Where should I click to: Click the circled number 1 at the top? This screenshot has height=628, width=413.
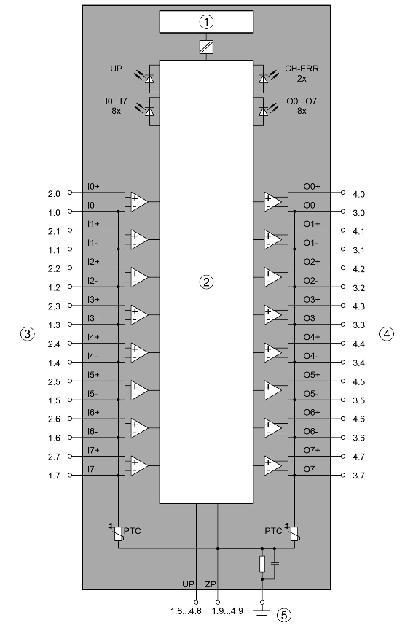tap(206, 22)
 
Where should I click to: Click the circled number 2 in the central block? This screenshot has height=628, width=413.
tap(206, 282)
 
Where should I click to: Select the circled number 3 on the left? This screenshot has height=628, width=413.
tap(27, 333)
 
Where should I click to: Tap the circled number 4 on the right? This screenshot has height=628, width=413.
tap(386, 333)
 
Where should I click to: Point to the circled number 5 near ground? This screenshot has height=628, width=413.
tap(284, 615)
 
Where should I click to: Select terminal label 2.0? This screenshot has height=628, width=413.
tap(54, 194)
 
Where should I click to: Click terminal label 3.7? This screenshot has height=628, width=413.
tap(358, 476)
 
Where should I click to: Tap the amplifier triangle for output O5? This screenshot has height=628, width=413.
tap(272, 390)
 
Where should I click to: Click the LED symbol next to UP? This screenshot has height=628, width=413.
tap(149, 79)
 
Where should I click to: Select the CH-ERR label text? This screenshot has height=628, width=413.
tap(302, 69)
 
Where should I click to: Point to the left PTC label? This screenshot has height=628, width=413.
tap(132, 531)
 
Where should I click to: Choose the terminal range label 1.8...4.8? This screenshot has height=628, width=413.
tap(186, 611)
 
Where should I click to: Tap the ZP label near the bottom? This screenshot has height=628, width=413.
tap(211, 584)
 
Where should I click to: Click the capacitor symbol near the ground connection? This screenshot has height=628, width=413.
tap(275, 564)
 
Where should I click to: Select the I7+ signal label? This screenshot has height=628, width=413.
tap(93, 450)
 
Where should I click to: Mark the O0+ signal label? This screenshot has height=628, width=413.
tap(312, 186)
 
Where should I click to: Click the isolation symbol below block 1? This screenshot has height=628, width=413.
tap(206, 47)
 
